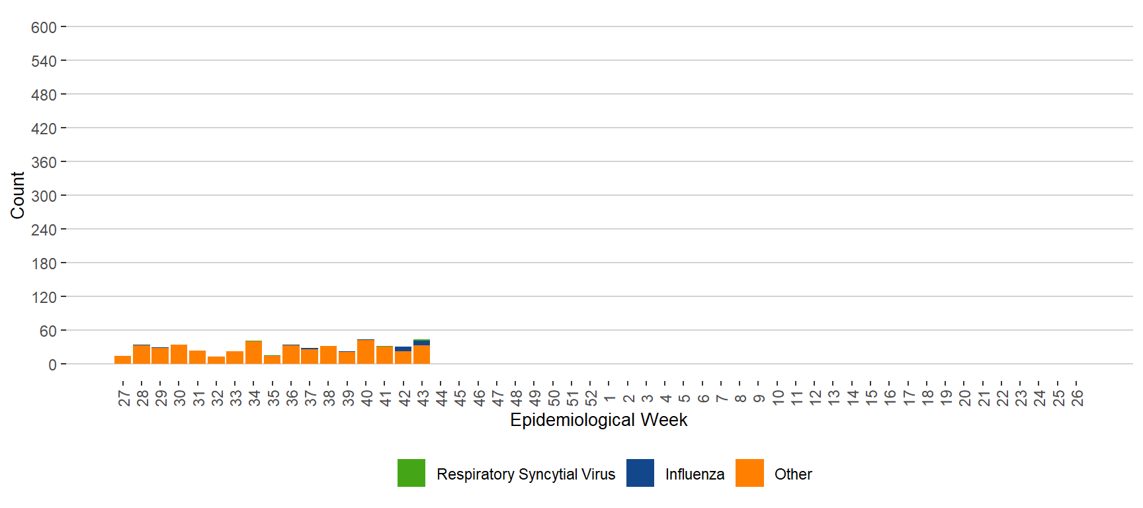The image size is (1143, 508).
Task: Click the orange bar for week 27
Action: pyautogui.click(x=122, y=360)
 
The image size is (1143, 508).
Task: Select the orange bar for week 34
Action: pyautogui.click(x=253, y=353)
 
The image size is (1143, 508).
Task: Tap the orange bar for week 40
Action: pyautogui.click(x=366, y=352)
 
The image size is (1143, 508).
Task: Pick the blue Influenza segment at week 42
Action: pyautogui.click(x=403, y=349)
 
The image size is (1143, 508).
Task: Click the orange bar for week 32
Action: pyautogui.click(x=216, y=360)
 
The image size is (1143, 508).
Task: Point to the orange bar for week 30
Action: pyautogui.click(x=179, y=355)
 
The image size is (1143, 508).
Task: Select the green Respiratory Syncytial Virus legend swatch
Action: pyautogui.click(x=411, y=473)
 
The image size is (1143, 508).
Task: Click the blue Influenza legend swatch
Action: pyautogui.click(x=640, y=473)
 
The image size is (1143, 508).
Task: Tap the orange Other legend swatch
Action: pyautogui.click(x=749, y=473)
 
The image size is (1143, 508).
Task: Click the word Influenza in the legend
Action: pyautogui.click(x=695, y=474)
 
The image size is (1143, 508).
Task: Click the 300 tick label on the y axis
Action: pyautogui.click(x=44, y=196)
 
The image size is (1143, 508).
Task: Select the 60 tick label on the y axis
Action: pyautogui.click(x=48, y=331)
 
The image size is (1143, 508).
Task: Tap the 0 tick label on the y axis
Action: pyautogui.click(x=52, y=365)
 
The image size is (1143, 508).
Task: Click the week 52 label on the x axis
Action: pyautogui.click(x=591, y=398)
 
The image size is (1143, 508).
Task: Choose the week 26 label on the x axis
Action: pyautogui.click(x=1078, y=398)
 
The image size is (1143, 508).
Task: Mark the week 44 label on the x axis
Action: pyautogui.click(x=442, y=398)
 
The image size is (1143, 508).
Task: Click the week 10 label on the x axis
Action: pyautogui.click(x=778, y=398)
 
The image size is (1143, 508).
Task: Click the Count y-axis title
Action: pyautogui.click(x=17, y=195)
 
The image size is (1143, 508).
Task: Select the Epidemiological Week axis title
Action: pyautogui.click(x=599, y=420)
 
